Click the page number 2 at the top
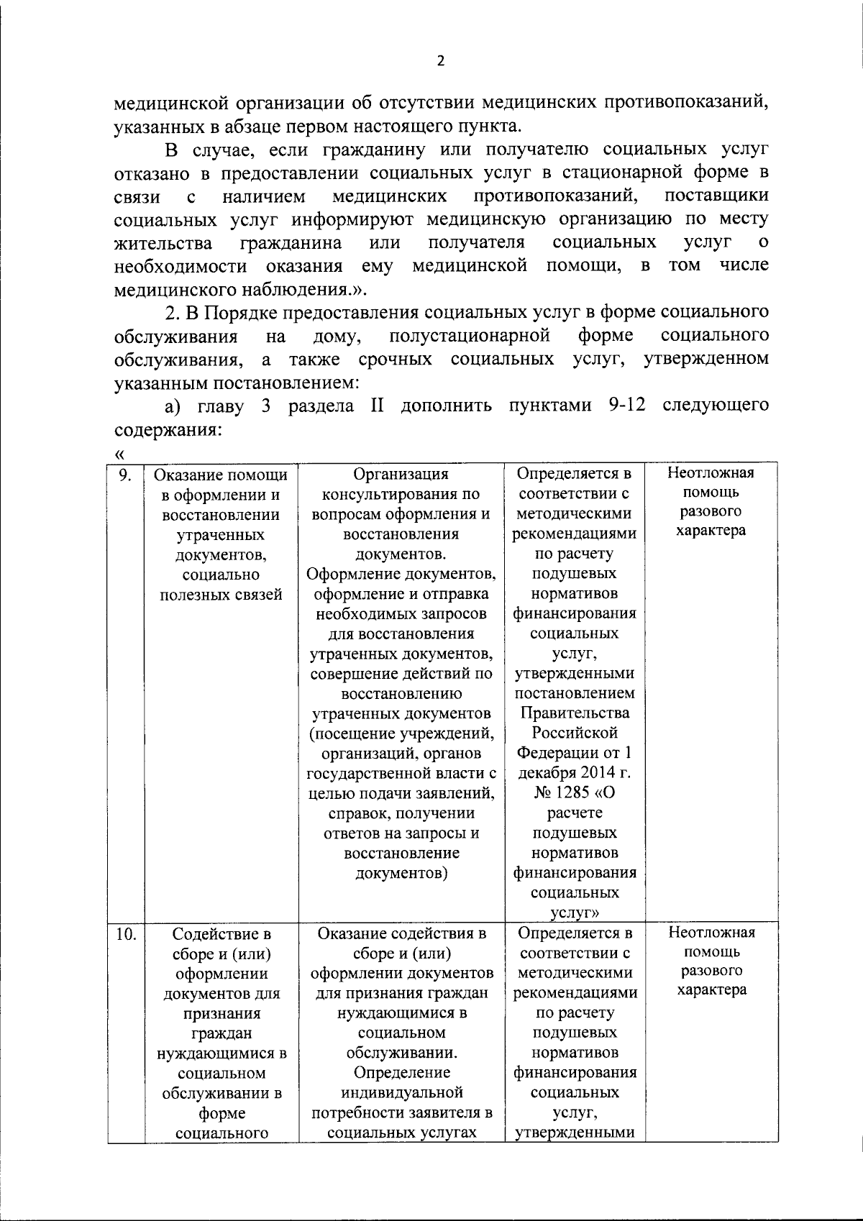point(441,61)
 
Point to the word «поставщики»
point(716,196)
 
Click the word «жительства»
point(163,242)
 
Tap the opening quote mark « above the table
point(119,454)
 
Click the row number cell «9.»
point(125,475)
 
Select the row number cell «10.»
point(125,934)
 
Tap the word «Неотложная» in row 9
point(711,473)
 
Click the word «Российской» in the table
point(575,733)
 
